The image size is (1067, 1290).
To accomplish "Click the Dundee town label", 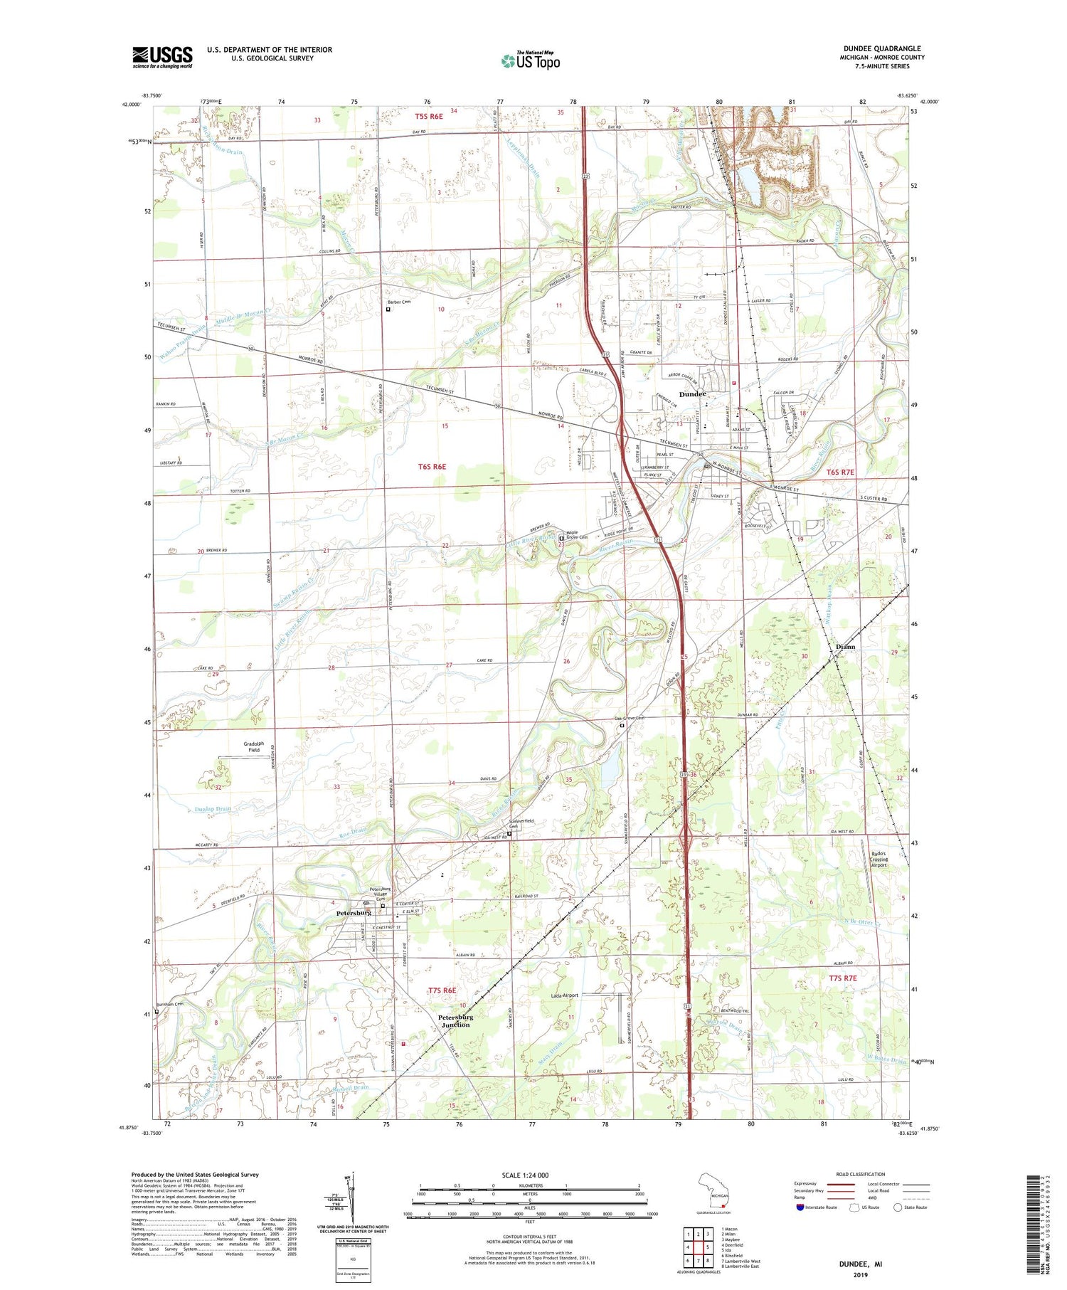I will click(692, 394).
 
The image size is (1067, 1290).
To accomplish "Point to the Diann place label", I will click(845, 647).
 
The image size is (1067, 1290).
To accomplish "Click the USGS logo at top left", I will click(162, 57).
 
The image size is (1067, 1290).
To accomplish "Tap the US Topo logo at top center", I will click(530, 61).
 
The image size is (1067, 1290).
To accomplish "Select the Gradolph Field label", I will click(254, 746).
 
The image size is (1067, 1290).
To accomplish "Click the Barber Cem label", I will click(398, 302).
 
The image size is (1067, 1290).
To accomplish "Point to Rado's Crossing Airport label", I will click(879, 860).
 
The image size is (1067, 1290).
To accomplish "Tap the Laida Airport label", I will click(565, 995).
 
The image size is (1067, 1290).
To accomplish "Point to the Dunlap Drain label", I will click(213, 809).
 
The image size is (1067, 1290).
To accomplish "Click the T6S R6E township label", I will click(432, 467).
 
